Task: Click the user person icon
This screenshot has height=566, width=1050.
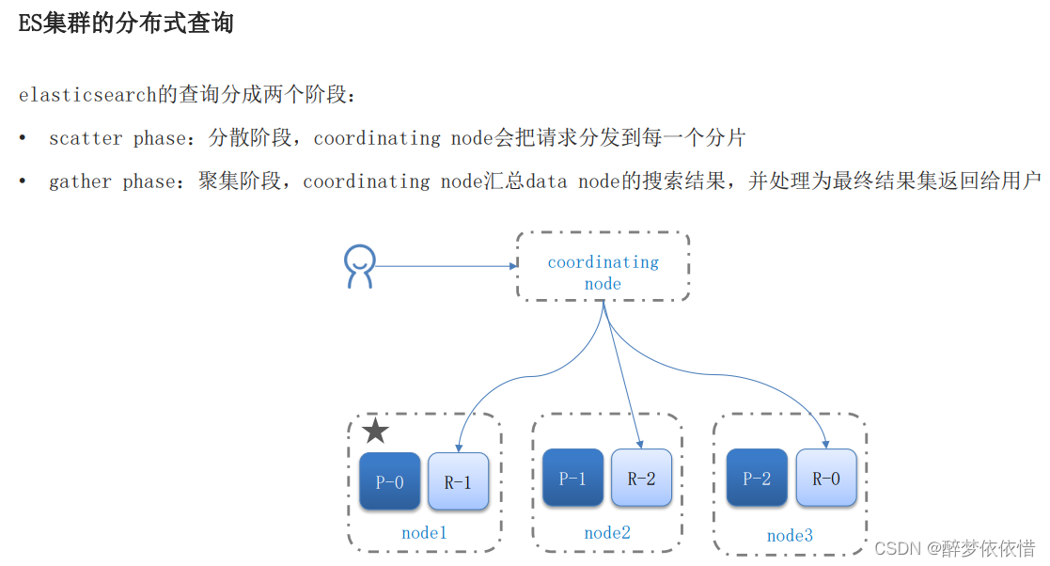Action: [359, 266]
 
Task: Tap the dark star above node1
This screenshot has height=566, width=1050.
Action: [375, 432]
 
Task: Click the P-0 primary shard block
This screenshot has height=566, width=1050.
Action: [389, 481]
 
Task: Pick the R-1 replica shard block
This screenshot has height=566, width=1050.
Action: [458, 481]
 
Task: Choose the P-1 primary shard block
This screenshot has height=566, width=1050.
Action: [572, 478]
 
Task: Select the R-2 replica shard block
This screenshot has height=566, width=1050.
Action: [641, 478]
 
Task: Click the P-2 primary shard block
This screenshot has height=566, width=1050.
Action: [757, 478]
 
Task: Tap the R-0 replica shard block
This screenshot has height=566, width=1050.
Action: [826, 478]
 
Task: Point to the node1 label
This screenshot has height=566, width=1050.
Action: [424, 532]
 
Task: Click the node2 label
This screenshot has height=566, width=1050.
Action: [607, 532]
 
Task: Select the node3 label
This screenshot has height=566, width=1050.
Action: [790, 535]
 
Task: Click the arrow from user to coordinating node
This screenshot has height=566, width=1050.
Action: [442, 266]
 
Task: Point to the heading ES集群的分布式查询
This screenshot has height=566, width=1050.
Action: [126, 24]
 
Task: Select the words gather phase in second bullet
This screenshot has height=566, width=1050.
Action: [112, 181]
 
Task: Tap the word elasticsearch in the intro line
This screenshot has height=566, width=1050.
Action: [86, 95]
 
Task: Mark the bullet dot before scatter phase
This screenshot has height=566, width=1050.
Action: [23, 138]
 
